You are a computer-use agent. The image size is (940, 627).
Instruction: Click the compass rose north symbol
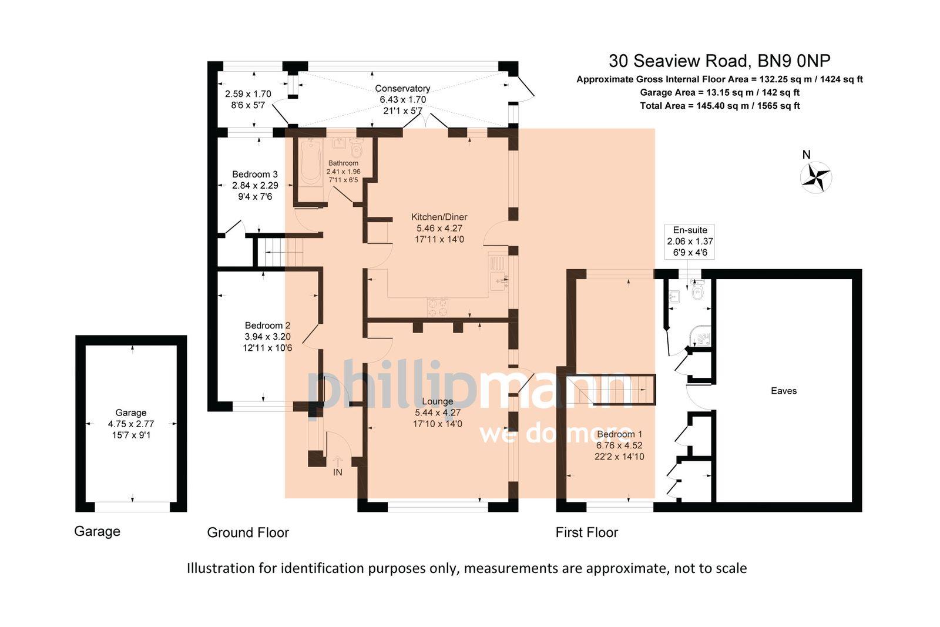coord(816,176)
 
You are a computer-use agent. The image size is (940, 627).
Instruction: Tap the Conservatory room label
coord(402,89)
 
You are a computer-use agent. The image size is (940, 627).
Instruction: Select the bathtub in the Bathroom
coord(310,164)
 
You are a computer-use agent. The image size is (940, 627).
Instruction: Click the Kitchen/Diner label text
coord(439,217)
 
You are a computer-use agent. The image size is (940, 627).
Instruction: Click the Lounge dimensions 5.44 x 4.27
coord(438,413)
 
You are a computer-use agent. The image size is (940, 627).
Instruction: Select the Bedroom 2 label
coord(267,326)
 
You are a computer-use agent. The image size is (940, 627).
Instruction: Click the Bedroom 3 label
coord(254,175)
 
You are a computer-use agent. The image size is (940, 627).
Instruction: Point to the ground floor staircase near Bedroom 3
coord(282,252)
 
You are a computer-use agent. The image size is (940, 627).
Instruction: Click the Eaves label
coord(783,391)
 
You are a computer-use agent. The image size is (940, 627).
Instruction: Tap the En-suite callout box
coord(690,241)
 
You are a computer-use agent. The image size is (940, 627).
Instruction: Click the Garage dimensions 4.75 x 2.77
coord(130,424)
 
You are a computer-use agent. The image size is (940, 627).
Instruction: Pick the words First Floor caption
coord(586,532)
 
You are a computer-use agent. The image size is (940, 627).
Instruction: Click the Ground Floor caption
coord(248,532)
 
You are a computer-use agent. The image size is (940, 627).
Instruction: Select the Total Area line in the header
coord(719,106)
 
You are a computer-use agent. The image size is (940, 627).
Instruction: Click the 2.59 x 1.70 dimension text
coord(248,94)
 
